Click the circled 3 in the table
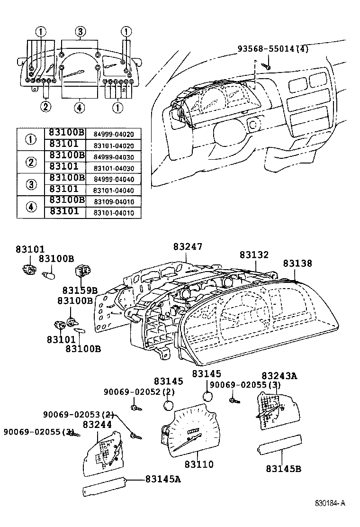30,184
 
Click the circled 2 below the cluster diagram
45,107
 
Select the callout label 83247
188,247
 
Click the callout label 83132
254,255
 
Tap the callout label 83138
298,263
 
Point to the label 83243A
279,376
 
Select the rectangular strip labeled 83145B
279,448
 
